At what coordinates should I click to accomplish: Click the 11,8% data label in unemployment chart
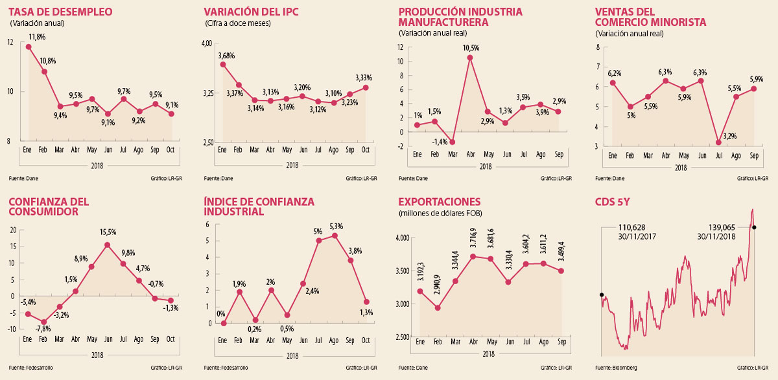[x=36, y=37]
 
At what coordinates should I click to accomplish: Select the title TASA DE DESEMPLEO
[x=60, y=12]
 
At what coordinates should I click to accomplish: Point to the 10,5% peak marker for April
[x=470, y=58]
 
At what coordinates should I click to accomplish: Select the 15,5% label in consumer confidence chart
[x=108, y=231]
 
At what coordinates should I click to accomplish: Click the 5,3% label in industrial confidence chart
[x=336, y=226]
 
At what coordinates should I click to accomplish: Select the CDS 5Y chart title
[x=613, y=201]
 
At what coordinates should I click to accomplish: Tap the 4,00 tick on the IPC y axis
[x=207, y=43]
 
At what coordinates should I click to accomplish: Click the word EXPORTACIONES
[x=441, y=201]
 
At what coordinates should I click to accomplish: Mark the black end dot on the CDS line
[x=754, y=227]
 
